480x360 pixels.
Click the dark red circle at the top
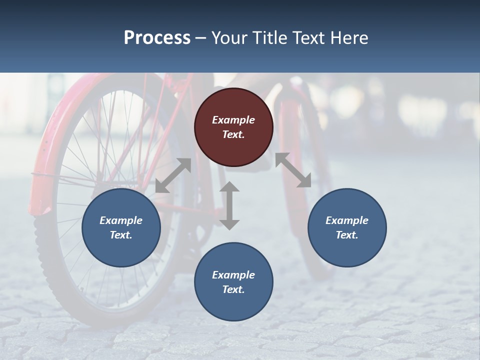(233, 127)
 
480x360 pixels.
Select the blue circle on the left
(121, 227)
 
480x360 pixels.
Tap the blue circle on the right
(347, 227)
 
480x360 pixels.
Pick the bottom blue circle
(233, 282)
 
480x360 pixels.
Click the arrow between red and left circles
(173, 175)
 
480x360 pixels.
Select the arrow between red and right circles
(293, 170)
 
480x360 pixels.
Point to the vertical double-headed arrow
(229, 205)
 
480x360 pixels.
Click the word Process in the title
(157, 37)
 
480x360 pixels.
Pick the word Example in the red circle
(233, 120)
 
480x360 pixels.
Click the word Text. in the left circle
(121, 235)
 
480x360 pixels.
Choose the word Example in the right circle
(347, 220)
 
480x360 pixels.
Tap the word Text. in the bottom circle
(233, 289)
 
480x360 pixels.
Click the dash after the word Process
(201, 38)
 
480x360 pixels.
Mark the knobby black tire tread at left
(45, 250)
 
